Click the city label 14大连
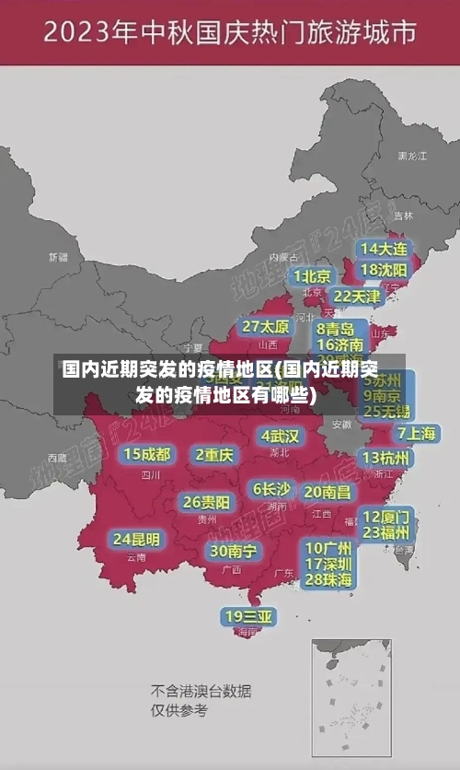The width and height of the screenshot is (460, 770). click(384, 249)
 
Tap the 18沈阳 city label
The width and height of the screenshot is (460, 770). click(384, 270)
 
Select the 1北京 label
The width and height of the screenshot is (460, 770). click(313, 276)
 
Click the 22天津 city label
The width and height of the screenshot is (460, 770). click(356, 296)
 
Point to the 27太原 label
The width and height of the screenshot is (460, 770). click(266, 326)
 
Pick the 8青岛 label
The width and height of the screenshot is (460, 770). click(336, 328)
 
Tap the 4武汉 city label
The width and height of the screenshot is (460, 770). click(280, 436)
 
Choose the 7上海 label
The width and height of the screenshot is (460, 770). click(417, 433)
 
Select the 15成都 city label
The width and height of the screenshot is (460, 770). click(147, 454)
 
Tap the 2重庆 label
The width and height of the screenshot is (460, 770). click(214, 454)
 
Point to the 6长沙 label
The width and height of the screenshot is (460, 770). click(271, 488)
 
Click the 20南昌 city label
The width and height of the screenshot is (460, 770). click(328, 492)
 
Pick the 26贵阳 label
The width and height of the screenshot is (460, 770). click(206, 502)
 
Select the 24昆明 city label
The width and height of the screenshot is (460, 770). click(136, 538)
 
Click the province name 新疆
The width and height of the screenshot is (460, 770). click(58, 257)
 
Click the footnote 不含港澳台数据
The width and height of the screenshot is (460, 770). click(201, 691)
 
